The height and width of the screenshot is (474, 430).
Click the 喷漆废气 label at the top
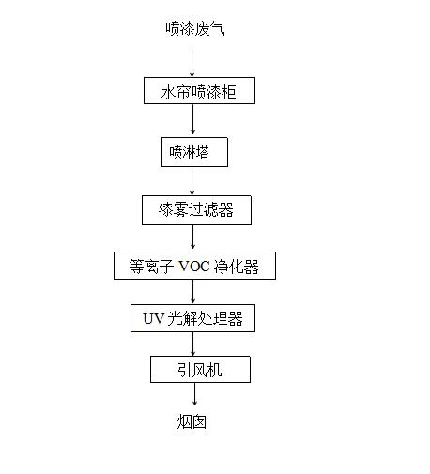point(195,28)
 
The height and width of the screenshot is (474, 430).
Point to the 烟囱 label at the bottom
point(192,421)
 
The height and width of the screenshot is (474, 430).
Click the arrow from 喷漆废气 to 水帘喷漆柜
point(192,62)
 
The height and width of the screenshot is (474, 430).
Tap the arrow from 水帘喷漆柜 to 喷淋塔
point(192,119)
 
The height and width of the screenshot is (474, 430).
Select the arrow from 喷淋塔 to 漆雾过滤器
point(192,183)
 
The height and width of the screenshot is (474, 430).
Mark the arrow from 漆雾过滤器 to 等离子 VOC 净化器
point(192,237)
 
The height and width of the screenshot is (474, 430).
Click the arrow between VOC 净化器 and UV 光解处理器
point(192,291)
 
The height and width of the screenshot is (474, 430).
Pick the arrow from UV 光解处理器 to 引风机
point(192,344)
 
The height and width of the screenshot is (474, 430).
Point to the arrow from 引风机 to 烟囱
point(194,394)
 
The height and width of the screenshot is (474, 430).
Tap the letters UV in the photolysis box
point(153,319)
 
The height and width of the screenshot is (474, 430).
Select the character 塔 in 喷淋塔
point(202,152)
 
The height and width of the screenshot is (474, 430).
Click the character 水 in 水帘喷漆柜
point(168,92)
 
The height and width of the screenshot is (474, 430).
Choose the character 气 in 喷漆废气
point(218,28)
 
